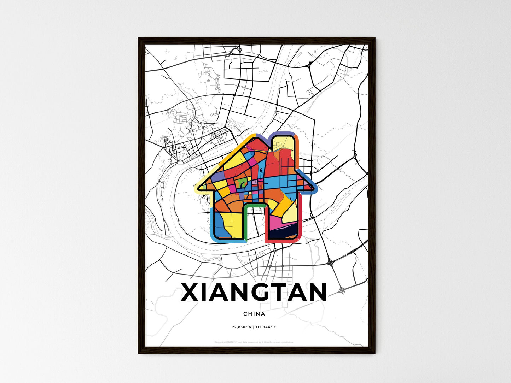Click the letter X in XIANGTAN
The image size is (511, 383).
191,292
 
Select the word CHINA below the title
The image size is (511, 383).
254,314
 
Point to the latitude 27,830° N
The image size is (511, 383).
241,327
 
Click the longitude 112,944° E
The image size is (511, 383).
265,327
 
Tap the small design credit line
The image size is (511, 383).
254,342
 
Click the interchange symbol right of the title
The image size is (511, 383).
342,290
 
